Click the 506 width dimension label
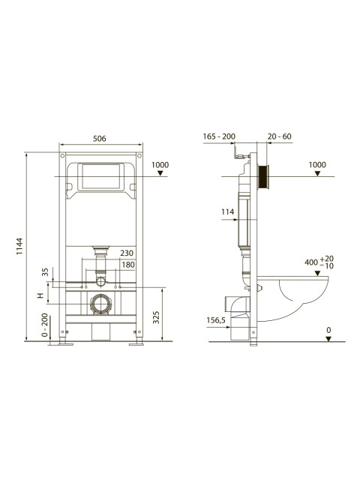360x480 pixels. [x=100, y=139]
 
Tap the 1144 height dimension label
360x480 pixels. [x=19, y=247]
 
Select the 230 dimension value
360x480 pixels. [x=127, y=253]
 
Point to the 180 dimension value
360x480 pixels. [x=128, y=265]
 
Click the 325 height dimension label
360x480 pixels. [x=156, y=317]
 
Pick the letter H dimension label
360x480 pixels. [x=40, y=295]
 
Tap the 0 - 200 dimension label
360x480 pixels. [x=45, y=325]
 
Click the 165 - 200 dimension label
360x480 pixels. [x=219, y=136]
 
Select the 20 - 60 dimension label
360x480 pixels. [x=280, y=136]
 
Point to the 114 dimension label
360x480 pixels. [x=228, y=211]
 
